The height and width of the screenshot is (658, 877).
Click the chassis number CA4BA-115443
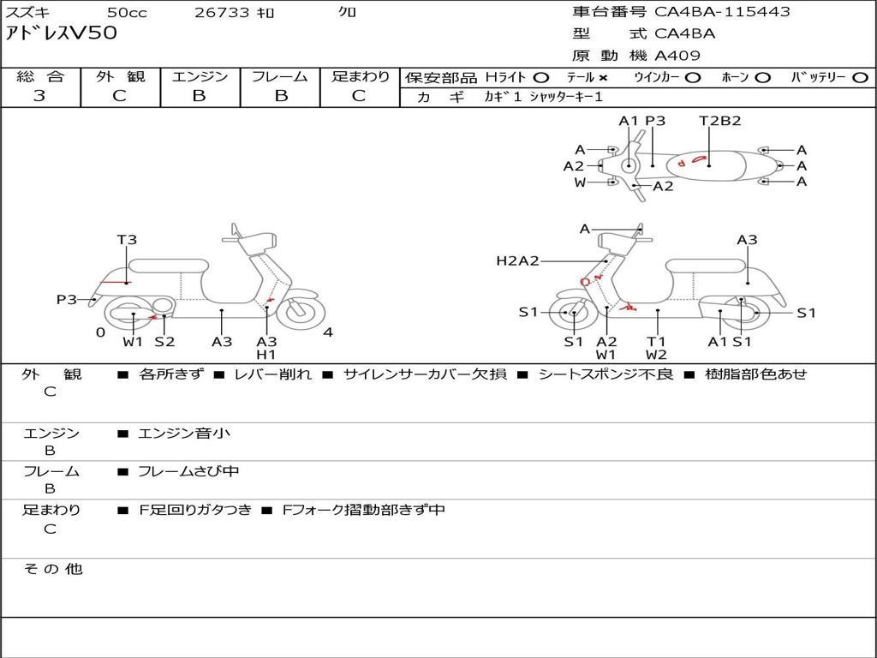pyautogui.click(x=722, y=11)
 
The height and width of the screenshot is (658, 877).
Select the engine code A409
pyautogui.click(x=677, y=56)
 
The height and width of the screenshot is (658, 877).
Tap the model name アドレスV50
pyautogui.click(x=61, y=33)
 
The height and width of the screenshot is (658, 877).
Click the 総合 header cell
pyautogui.click(x=40, y=76)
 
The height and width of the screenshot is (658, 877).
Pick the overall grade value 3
pyautogui.click(x=39, y=96)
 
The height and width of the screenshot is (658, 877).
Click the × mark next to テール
pyautogui.click(x=602, y=78)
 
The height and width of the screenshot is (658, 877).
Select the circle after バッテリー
pyautogui.click(x=860, y=78)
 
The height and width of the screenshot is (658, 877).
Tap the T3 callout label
pyautogui.click(x=127, y=240)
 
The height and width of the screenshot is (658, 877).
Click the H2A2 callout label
pyautogui.click(x=517, y=260)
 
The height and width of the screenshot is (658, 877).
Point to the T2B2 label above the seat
pyautogui.click(x=719, y=121)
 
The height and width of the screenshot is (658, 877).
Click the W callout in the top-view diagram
pyautogui.click(x=580, y=182)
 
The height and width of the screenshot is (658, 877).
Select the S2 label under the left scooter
pyautogui.click(x=164, y=341)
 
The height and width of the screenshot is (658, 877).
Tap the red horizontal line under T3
pyautogui.click(x=115, y=282)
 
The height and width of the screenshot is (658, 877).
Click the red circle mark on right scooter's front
pyautogui.click(x=585, y=282)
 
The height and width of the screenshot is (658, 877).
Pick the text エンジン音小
pyautogui.click(x=184, y=433)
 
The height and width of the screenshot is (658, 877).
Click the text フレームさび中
pyautogui.click(x=188, y=471)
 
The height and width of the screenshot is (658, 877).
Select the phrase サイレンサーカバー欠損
pyautogui.click(x=425, y=374)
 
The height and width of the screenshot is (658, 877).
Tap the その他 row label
pyautogui.click(x=52, y=569)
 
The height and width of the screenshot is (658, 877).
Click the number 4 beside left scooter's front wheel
pyautogui.click(x=328, y=332)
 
